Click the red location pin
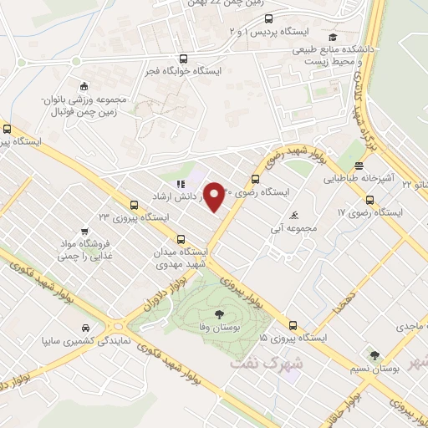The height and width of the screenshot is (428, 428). coord(215,196)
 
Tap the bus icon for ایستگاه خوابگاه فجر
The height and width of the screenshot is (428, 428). coord(183,58)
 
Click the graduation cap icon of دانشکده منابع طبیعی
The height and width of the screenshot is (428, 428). coord(334,37)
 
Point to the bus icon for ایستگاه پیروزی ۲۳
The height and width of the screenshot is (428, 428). coord(135,204)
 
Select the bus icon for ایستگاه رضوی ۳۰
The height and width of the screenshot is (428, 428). coord(255,178)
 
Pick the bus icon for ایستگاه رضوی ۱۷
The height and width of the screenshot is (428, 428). coord(370,199)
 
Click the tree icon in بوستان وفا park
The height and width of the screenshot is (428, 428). coord(218,313)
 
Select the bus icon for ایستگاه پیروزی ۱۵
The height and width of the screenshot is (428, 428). coord(293,325)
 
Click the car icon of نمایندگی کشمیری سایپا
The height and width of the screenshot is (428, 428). coord(86,329)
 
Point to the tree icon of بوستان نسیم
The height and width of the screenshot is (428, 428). coord(374,355)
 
